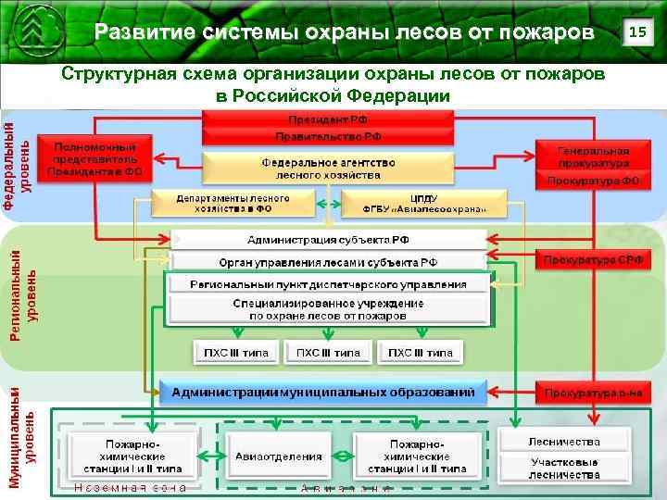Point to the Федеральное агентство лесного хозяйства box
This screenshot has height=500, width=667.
point(328,168)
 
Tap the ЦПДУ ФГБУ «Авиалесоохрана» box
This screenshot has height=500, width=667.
point(423,204)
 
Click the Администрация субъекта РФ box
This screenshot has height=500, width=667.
point(328,239)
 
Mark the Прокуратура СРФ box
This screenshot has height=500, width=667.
point(593,259)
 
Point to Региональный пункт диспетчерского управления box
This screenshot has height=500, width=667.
point(328,283)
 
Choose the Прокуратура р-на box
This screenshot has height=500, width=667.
point(593,393)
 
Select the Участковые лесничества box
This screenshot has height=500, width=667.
point(563,468)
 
